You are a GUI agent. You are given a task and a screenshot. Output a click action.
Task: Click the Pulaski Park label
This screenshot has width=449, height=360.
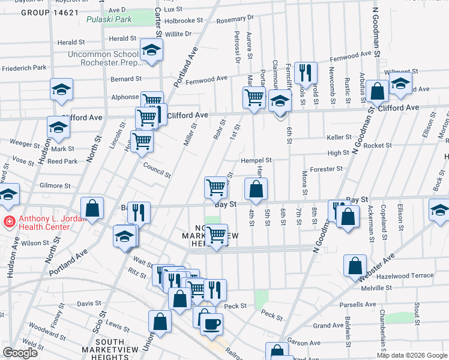point(100,19)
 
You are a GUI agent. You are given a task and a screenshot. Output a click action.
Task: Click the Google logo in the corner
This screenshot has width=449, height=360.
point(20,353)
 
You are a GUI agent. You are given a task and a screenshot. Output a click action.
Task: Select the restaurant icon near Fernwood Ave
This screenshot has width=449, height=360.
point(306,73)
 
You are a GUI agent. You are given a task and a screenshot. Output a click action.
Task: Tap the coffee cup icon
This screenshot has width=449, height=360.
point(211,325)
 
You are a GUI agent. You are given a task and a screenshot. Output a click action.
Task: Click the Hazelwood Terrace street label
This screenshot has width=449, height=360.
point(408,275)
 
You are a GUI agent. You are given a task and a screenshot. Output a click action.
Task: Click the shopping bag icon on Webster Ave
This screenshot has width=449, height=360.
point(355,265)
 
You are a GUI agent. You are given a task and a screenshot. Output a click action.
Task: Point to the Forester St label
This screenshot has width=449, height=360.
point(326,169)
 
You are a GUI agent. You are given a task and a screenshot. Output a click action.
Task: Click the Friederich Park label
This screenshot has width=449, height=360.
point(24,68)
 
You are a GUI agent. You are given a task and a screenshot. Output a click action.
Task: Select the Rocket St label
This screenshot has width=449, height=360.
point(378,145)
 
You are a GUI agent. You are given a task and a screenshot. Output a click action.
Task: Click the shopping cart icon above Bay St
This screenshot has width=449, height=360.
point(215,187)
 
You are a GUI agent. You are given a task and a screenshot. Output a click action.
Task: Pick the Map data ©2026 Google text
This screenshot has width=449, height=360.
point(411,355)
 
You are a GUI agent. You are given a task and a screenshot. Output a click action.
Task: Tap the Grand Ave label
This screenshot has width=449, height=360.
point(328,326)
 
